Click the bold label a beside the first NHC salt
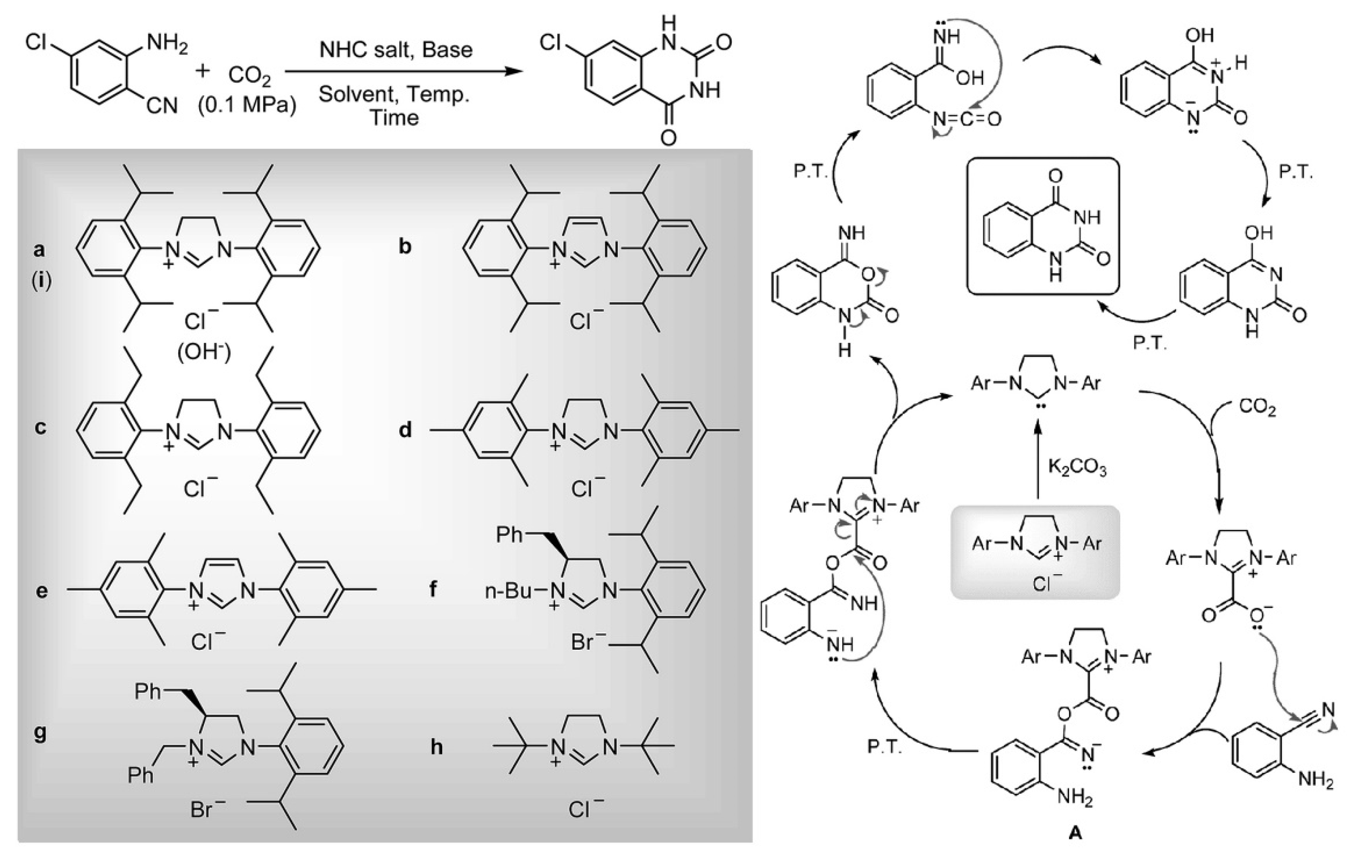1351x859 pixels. [39, 249]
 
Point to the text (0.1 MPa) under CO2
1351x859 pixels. [247, 105]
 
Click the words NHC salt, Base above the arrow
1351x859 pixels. [396, 50]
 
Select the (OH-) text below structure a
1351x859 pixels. [204, 353]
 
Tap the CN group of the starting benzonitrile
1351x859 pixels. [161, 105]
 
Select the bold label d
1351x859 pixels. [405, 430]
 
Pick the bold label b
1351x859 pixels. [405, 247]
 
